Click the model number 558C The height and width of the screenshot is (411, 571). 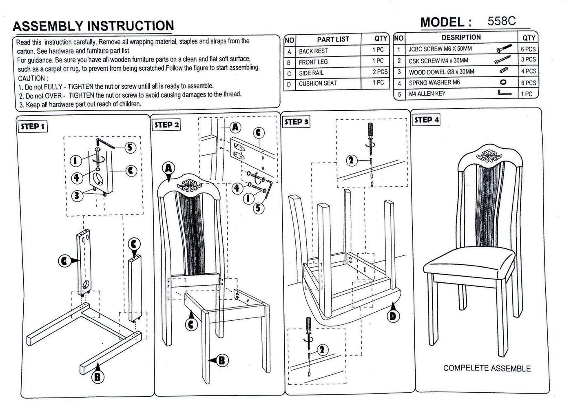click(x=501, y=21)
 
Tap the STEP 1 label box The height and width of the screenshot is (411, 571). click(x=33, y=126)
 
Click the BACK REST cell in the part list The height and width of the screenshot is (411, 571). click(x=313, y=51)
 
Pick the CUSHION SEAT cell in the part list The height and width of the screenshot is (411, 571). click(x=318, y=83)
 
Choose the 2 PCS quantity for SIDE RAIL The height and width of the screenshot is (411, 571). click(x=380, y=72)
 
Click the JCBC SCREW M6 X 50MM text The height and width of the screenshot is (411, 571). click(x=440, y=49)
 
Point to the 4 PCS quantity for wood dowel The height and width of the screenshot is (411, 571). click(x=529, y=71)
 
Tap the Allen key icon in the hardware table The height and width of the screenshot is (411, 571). click(x=505, y=93)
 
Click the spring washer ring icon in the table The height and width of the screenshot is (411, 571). click(x=503, y=82)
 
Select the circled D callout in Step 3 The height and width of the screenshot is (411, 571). click(x=393, y=316)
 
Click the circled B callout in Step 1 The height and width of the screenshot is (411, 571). click(x=97, y=377)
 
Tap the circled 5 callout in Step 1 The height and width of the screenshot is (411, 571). click(x=130, y=147)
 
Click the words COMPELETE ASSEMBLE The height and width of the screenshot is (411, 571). click(x=487, y=369)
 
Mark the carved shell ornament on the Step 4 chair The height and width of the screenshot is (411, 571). click(x=489, y=156)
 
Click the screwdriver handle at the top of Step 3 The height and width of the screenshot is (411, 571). click(x=370, y=130)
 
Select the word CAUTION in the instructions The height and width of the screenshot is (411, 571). click(x=33, y=78)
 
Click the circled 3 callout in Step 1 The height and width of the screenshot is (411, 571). click(x=77, y=195)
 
